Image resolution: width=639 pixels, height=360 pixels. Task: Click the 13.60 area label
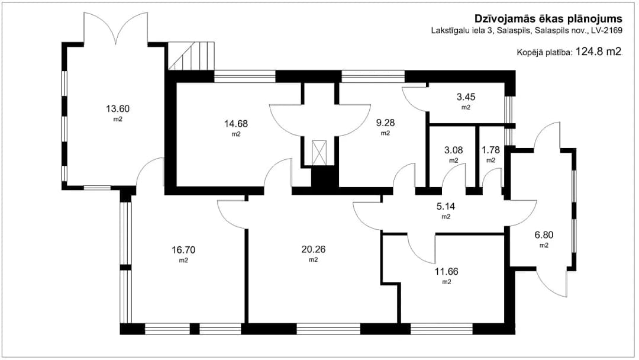(118, 109)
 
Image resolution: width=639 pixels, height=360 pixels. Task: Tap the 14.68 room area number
(236, 124)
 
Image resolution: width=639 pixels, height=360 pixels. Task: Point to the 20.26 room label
(314, 249)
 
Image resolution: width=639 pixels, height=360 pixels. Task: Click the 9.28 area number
(386, 123)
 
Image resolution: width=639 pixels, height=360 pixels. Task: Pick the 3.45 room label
(466, 97)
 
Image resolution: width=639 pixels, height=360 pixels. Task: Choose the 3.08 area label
(454, 150)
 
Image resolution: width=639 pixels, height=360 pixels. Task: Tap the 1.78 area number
(490, 150)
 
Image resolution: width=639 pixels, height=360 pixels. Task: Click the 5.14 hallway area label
(446, 206)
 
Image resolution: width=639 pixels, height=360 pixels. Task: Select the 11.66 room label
(447, 271)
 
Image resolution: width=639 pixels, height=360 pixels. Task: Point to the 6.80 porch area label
(544, 235)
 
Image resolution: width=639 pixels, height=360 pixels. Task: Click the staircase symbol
(192, 56)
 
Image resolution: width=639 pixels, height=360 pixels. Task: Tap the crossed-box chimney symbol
(319, 153)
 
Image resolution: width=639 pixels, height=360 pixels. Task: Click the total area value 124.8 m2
(599, 52)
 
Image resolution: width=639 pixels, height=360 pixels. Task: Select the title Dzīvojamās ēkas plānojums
(548, 19)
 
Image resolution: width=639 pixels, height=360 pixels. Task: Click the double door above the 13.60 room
(116, 28)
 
